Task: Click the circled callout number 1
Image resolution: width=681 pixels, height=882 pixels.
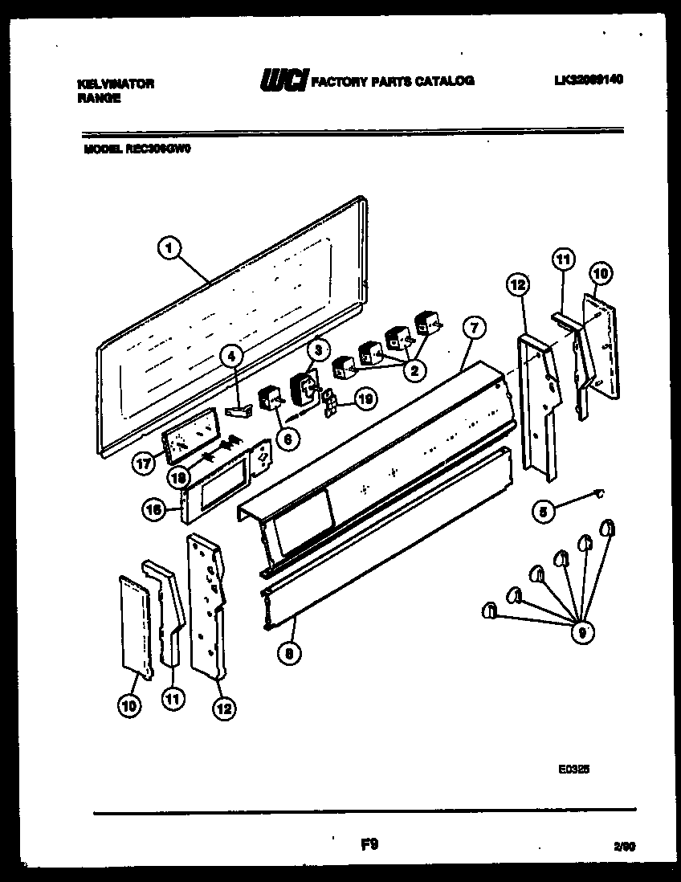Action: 168,249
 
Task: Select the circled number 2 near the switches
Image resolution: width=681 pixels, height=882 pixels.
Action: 414,370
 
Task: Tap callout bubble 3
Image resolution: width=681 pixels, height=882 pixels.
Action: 318,349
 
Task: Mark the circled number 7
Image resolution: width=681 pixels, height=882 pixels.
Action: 474,327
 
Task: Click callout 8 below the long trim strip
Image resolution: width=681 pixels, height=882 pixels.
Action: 289,653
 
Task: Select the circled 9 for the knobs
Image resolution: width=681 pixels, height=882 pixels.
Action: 581,633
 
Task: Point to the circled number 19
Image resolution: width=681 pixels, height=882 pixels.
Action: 365,398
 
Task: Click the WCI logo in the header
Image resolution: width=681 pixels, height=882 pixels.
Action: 283,80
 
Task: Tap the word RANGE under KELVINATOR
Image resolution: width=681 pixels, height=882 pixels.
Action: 99,98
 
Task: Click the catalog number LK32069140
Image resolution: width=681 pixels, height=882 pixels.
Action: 588,80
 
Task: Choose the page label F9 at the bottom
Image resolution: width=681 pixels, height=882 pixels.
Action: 369,844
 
